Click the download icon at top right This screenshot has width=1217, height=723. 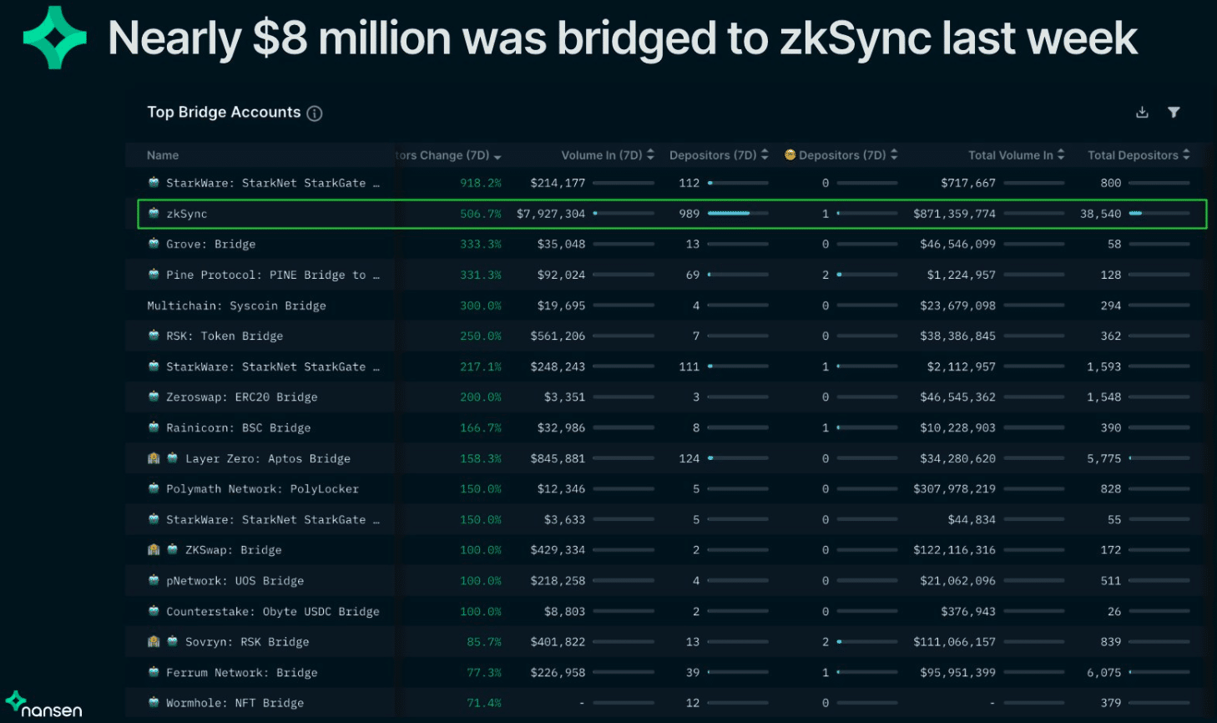point(1142,113)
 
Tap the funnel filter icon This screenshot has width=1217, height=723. point(1174,113)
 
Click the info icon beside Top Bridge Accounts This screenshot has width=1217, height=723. point(315,114)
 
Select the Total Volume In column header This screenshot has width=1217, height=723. point(1010,155)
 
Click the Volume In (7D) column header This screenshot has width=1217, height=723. point(602,155)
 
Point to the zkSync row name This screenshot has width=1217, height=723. point(186,214)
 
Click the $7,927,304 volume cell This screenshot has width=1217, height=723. point(551,214)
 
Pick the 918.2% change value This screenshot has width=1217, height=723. point(481,183)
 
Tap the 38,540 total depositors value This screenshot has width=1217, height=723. point(1100,214)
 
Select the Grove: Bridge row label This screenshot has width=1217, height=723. point(210,245)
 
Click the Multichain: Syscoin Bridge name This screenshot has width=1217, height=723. point(236,306)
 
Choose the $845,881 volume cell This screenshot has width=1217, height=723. point(558,458)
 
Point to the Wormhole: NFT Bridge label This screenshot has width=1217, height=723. point(235,703)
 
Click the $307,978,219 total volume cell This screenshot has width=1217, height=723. point(954,489)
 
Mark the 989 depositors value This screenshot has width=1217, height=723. point(689,214)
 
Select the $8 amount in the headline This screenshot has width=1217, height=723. point(280,38)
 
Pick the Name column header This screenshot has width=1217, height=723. point(163,155)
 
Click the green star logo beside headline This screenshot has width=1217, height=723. point(55,38)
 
